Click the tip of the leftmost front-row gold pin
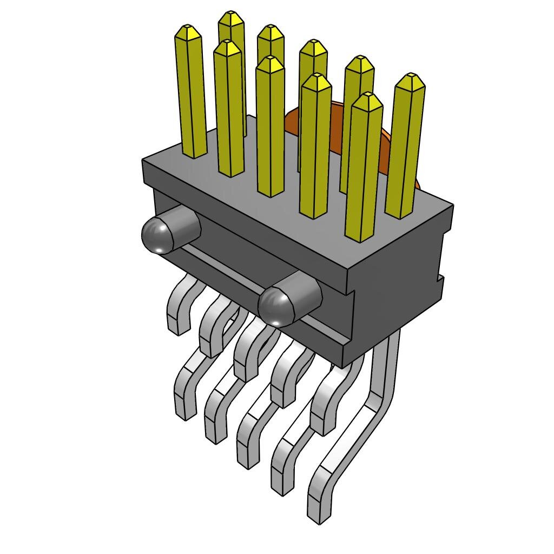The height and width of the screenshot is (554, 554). point(188,30)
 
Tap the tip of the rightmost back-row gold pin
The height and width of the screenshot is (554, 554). point(410,78)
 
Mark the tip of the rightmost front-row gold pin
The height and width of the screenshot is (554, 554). point(367,98)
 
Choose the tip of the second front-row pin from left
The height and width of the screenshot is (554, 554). point(227,45)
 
